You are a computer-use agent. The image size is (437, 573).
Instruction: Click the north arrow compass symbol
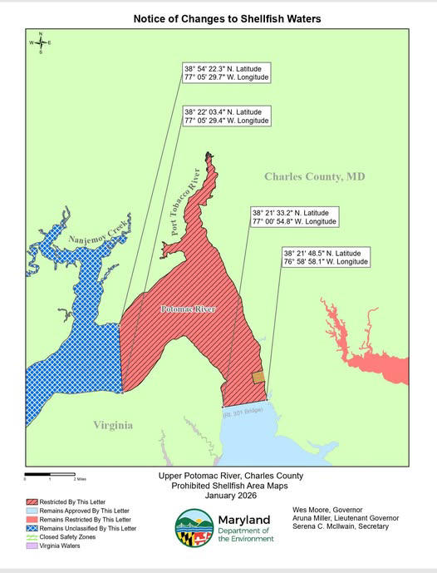tap(40, 42)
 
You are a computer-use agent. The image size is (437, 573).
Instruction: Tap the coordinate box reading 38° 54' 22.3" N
tap(227, 72)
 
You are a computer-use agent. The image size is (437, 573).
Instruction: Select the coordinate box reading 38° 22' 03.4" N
tap(227, 116)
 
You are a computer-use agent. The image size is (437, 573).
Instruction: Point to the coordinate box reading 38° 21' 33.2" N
tap(294, 217)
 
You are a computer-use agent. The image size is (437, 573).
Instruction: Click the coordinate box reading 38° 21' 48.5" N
tap(326, 257)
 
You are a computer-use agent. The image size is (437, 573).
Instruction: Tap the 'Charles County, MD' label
tap(314, 177)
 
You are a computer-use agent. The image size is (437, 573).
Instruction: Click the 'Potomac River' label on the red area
tap(188, 309)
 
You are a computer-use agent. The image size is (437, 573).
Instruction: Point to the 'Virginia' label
tap(112, 425)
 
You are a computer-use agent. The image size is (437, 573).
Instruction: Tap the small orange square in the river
tap(258, 377)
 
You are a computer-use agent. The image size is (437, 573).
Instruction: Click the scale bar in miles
tap(50, 475)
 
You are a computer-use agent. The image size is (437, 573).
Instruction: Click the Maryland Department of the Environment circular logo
tap(194, 527)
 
